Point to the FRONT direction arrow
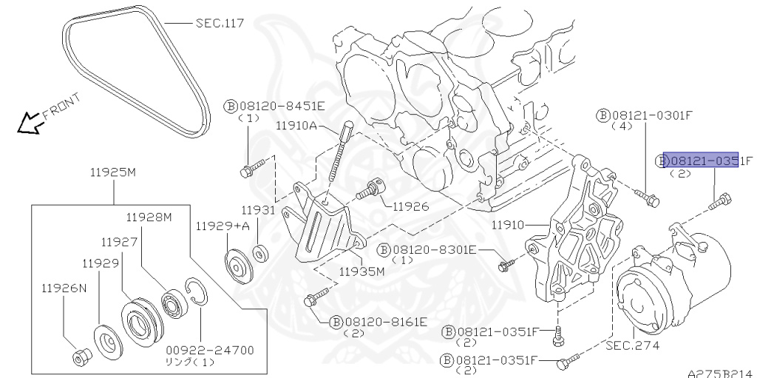(31, 123)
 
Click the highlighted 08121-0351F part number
(700, 160)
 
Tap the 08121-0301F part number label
(647, 115)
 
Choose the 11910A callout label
(296, 126)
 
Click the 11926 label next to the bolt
(410, 206)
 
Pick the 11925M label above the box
(113, 173)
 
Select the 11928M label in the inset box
(148, 217)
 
